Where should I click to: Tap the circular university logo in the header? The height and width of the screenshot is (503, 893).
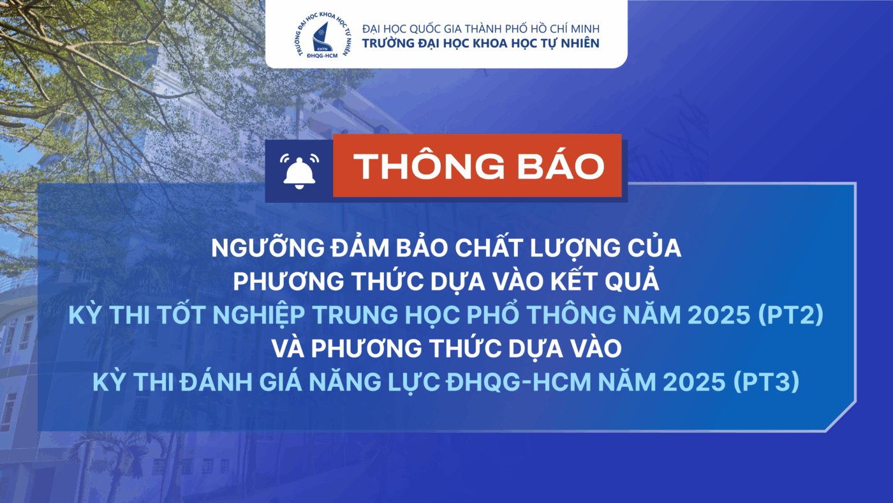pyautogui.click(x=323, y=35)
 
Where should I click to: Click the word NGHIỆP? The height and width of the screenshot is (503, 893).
pyautogui.click(x=259, y=315)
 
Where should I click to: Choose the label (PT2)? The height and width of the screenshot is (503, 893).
pyautogui.click(x=790, y=315)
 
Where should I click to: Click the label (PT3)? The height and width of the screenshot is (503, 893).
pyautogui.click(x=767, y=382)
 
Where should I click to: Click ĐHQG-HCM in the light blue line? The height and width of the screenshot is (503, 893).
pyautogui.click(x=518, y=382)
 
